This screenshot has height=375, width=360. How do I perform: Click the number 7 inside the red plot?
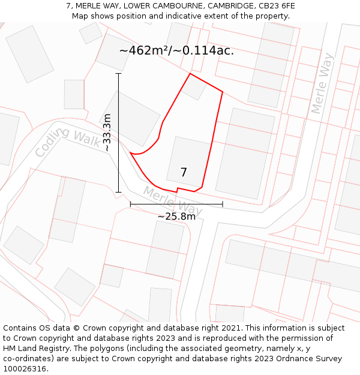click(x=184, y=173)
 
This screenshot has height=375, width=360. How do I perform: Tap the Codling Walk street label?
click(x=68, y=143)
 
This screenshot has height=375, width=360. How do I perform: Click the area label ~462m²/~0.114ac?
click(x=176, y=51)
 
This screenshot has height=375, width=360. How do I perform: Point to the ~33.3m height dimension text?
click(x=107, y=132)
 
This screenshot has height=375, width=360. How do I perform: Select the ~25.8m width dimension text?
click(x=176, y=217)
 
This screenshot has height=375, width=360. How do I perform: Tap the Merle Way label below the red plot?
click(x=172, y=201)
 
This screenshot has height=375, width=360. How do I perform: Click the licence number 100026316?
click(x=26, y=369)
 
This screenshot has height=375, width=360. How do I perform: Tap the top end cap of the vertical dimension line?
click(x=119, y=74)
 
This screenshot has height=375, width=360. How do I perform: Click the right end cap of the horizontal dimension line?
click(x=223, y=204)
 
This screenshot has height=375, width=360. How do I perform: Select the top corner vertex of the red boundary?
click(x=190, y=73)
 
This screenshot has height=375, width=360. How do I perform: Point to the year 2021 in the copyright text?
click(x=232, y=328)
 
